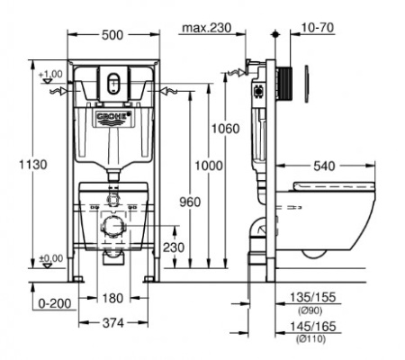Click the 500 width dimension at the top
112,35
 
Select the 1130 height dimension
33,165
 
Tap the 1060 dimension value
226,129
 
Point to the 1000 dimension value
209,166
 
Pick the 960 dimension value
190,202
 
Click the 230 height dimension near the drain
174,247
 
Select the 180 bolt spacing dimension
112,298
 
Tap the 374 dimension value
113,323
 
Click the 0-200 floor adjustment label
55,303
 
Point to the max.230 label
207,28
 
